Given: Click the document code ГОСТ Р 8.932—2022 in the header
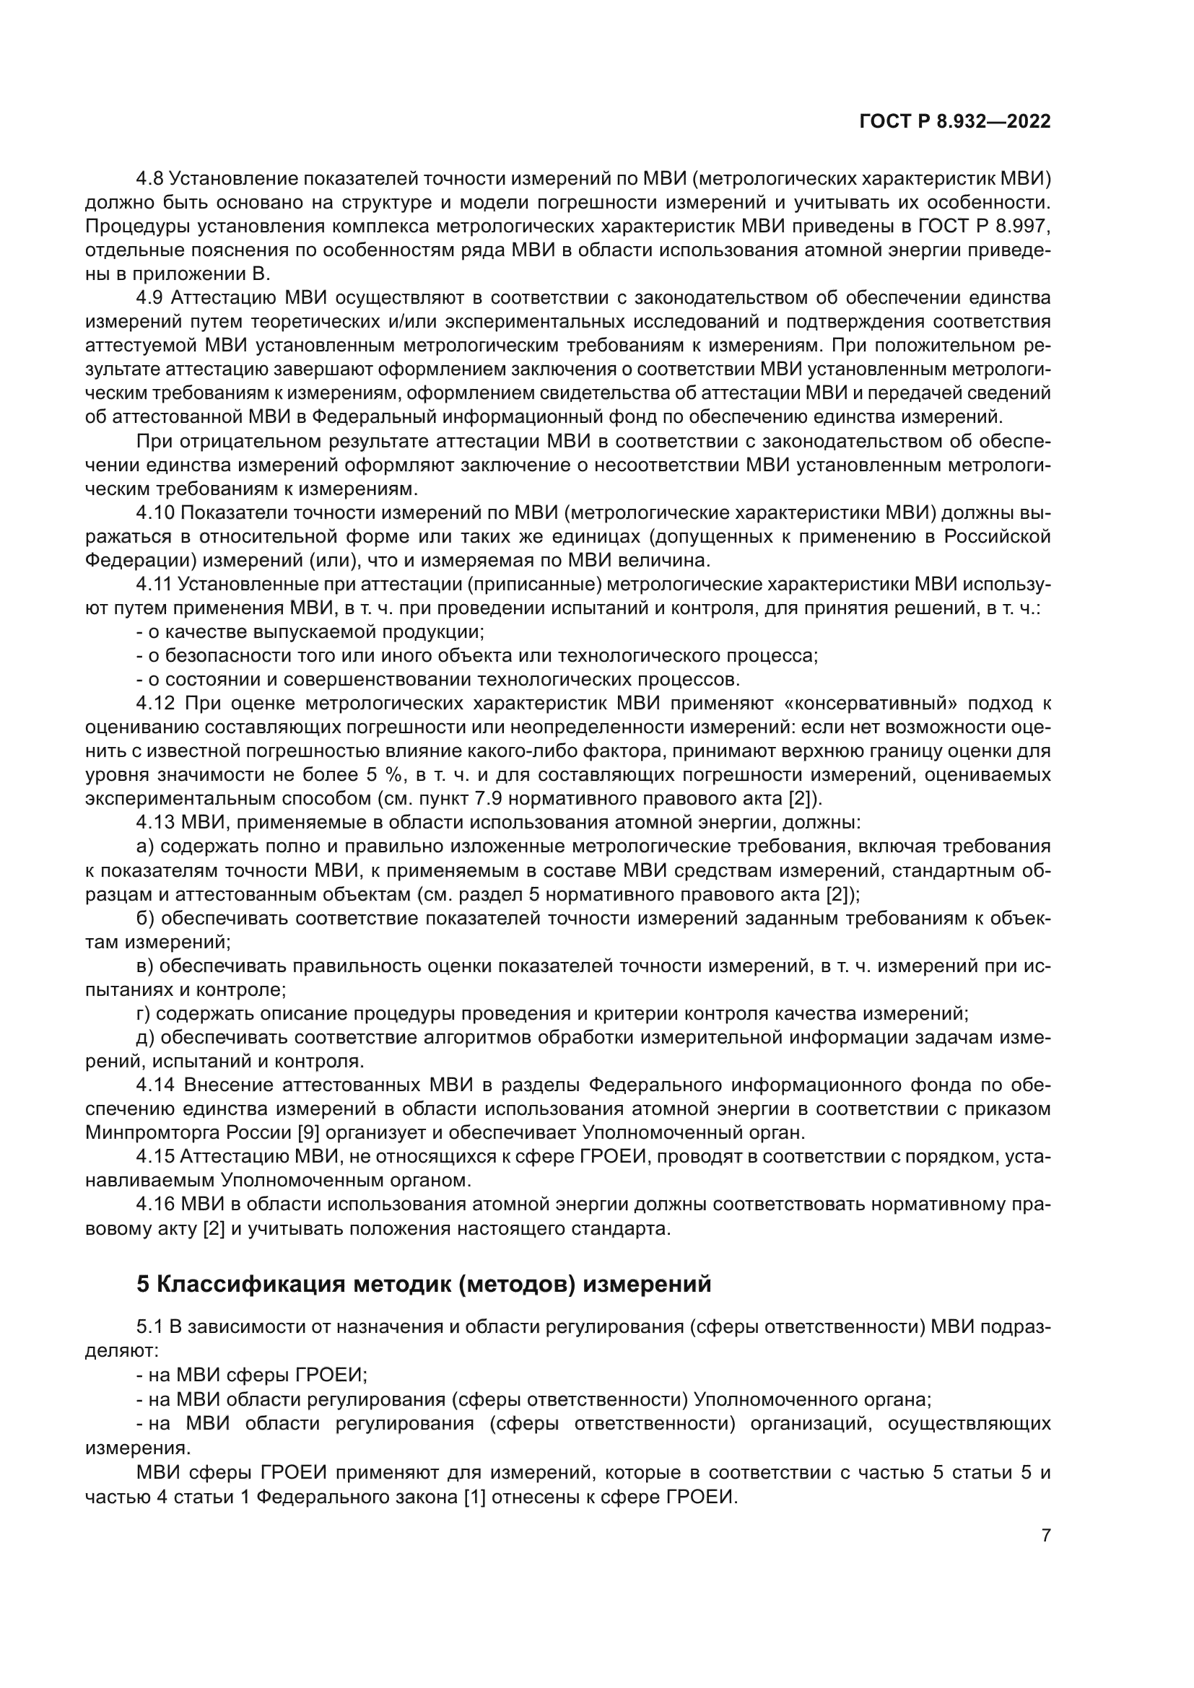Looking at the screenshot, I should pyautogui.click(x=954, y=122).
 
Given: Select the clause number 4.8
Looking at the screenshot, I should pyautogui.click(x=151, y=179).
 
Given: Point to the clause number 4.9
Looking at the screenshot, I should pyautogui.click(x=151, y=298).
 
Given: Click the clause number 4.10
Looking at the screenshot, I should pyautogui.click(x=155, y=512).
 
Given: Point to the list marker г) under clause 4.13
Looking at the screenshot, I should pyautogui.click(x=144, y=1014).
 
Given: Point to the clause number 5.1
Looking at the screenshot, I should pyautogui.click(x=149, y=1327).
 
